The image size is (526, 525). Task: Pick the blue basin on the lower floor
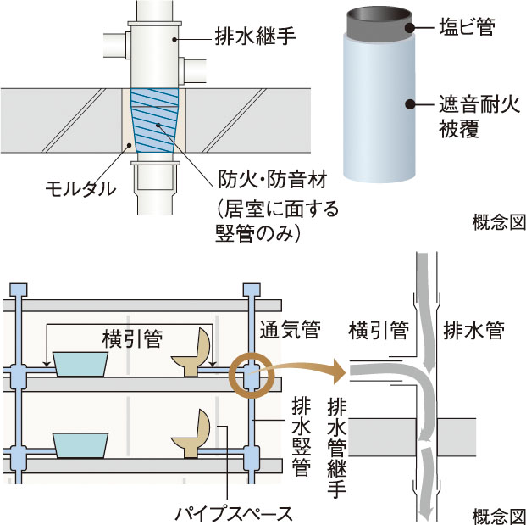coord(80,445)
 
